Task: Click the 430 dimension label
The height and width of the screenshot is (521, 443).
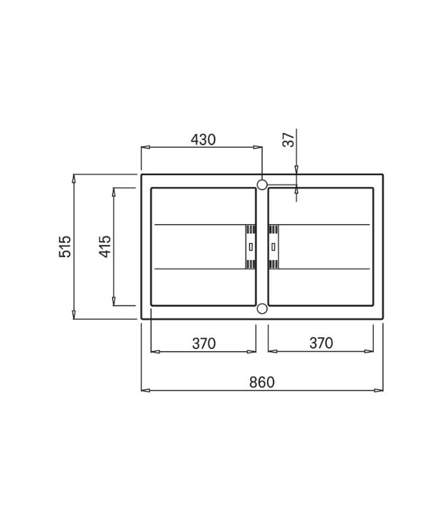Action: click(203, 139)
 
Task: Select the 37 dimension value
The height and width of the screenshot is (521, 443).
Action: click(289, 139)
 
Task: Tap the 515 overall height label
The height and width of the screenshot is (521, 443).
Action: click(65, 246)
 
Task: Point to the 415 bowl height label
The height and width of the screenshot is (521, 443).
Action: click(105, 246)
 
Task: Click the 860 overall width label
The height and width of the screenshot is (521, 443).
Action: click(262, 382)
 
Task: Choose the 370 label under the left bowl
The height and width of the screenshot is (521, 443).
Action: click(204, 343)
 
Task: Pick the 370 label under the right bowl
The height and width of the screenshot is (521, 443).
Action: click(321, 343)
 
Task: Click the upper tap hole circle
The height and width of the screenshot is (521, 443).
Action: click(262, 184)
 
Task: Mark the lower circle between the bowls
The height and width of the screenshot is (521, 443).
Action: click(262, 309)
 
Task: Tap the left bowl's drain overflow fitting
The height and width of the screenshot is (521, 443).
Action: click(251, 247)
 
